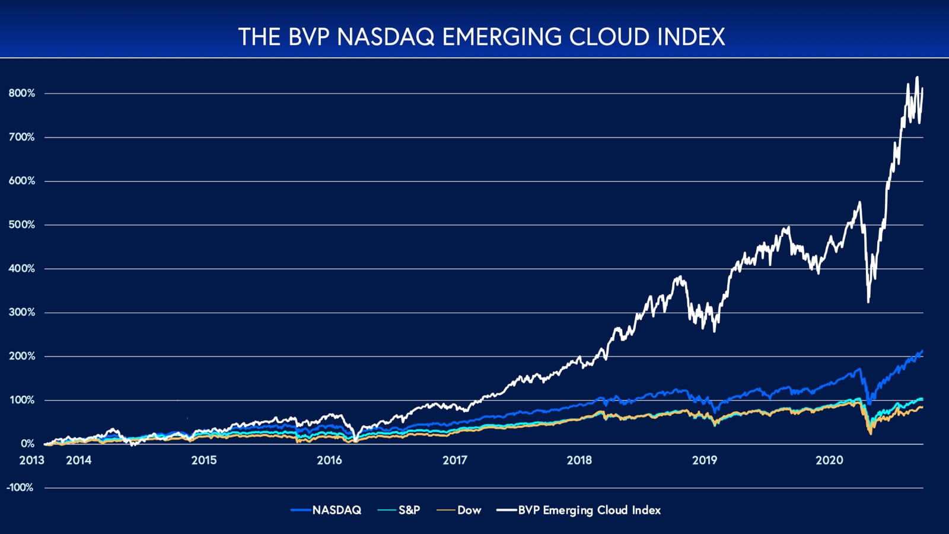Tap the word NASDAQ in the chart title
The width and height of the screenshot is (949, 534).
coord(387,37)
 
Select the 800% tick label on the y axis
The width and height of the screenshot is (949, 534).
coord(22,93)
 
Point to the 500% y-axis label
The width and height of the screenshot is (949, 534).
coord(22,225)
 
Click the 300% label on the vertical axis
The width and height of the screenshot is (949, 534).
coord(22,312)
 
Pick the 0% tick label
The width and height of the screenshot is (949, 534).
coord(27,444)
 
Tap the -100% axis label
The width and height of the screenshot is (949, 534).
coord(20,488)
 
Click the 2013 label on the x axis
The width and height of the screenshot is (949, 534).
coord(31,460)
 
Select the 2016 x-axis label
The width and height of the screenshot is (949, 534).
coord(329,460)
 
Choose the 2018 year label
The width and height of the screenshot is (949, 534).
coord(579,460)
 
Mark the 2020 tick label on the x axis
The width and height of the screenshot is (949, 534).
coord(829,460)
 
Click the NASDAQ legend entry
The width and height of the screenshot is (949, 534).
coord(336,510)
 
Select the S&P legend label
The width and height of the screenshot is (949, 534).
coord(409,510)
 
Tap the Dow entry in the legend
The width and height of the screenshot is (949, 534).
coord(469,510)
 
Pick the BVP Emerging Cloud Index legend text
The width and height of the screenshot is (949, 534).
coord(589,510)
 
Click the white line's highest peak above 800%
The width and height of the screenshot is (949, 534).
coord(917,77)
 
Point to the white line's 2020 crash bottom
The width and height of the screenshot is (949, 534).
coord(868,302)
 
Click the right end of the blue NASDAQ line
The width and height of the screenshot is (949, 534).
coord(922,351)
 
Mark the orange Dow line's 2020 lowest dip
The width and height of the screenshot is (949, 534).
coord(871,434)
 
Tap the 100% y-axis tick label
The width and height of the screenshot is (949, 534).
coord(22,400)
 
